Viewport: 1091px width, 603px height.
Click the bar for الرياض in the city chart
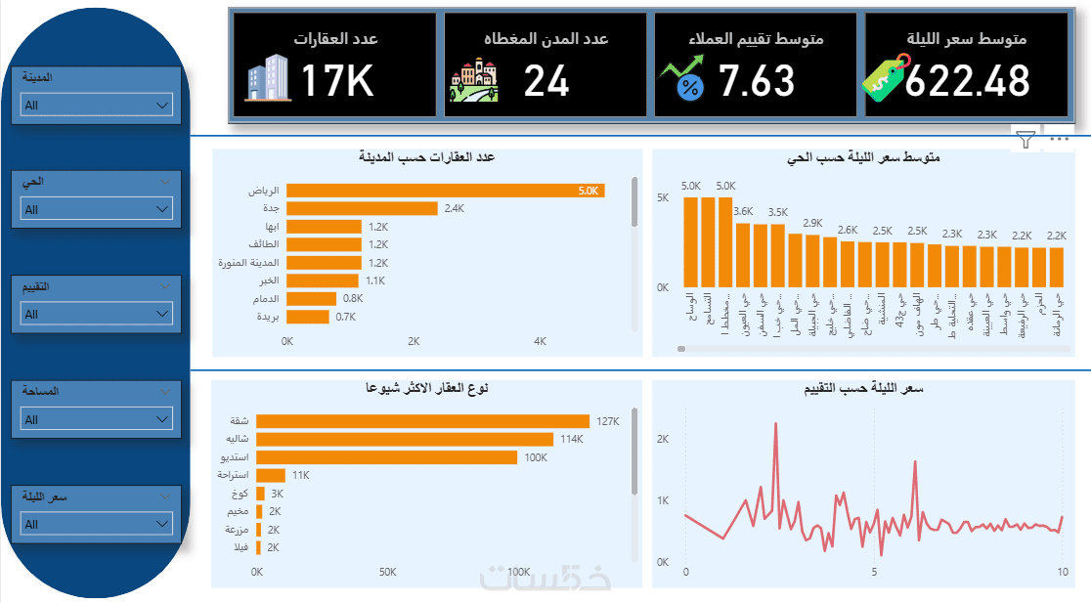[x=445, y=191]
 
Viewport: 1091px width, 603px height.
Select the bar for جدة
[x=362, y=208]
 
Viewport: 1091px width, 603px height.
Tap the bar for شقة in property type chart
[x=423, y=421]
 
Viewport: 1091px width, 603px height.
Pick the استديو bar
[x=387, y=457]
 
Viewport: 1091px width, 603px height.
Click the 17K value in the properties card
[x=337, y=81]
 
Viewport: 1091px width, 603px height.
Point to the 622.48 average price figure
[x=967, y=81]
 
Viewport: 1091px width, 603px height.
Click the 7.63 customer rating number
[x=757, y=81]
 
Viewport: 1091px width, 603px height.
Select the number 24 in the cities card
[x=546, y=81]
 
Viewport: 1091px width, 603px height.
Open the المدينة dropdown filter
[x=96, y=105]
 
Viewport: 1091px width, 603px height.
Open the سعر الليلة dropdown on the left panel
[x=96, y=524]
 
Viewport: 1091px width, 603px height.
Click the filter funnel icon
[x=1025, y=140]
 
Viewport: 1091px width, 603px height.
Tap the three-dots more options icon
[x=1058, y=140]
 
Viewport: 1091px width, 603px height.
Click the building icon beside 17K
[x=268, y=78]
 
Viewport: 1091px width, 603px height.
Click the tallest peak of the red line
[x=775, y=424]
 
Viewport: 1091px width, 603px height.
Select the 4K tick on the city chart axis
[x=541, y=342]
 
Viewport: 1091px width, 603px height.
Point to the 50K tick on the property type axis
[x=387, y=572]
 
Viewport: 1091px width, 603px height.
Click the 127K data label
[x=607, y=421]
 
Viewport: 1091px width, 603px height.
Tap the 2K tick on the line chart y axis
[x=662, y=440]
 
